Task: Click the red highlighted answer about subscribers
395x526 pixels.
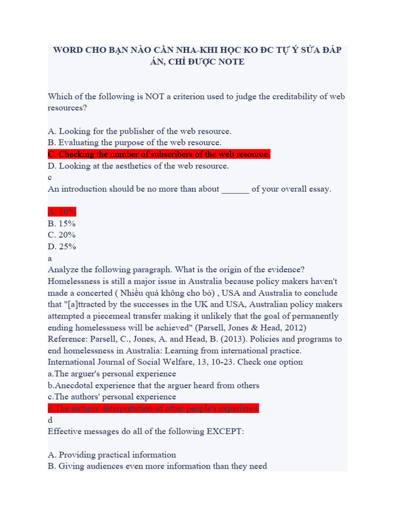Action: pyautogui.click(x=159, y=154)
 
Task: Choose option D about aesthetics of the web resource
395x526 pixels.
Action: pyautogui.click(x=138, y=166)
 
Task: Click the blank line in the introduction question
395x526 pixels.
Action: pyautogui.click(x=235, y=189)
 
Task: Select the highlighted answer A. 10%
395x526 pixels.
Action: pyautogui.click(x=62, y=212)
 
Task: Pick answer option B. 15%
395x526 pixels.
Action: pyautogui.click(x=62, y=223)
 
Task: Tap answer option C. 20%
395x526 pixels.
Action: pyautogui.click(x=62, y=235)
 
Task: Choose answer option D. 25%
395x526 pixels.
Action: pyautogui.click(x=62, y=246)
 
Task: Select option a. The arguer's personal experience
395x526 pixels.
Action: pyautogui.click(x=112, y=374)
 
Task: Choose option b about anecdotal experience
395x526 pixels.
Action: pyautogui.click(x=153, y=385)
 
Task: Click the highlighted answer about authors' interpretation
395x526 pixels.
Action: pyautogui.click(x=153, y=408)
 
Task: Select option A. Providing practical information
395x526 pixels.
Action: pyautogui.click(x=112, y=455)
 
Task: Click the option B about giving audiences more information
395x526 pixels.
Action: pyautogui.click(x=157, y=466)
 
